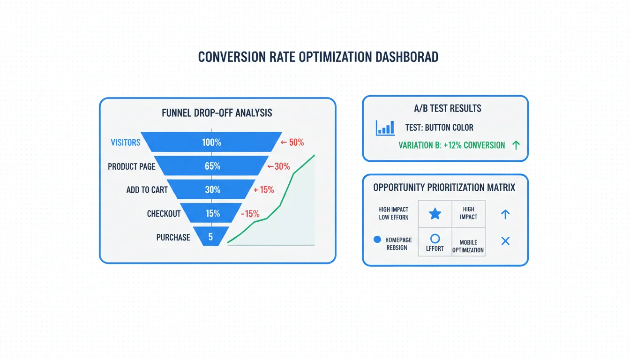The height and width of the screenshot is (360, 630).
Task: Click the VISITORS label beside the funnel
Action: [x=126, y=142]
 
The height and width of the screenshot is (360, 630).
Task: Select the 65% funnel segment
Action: [x=211, y=166]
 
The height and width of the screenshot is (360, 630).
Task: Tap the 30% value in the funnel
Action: [x=213, y=190]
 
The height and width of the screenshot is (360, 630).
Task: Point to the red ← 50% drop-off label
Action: [x=292, y=142]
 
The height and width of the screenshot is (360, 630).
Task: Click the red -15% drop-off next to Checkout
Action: [x=250, y=214]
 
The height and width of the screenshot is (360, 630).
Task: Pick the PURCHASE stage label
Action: [x=173, y=237]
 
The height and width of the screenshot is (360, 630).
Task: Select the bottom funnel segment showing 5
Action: [x=211, y=236]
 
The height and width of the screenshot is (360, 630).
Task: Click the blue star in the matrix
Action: [x=435, y=214]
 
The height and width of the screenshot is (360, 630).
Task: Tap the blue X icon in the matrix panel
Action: [x=505, y=241]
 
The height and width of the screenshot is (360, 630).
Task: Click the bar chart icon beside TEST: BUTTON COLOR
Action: [x=385, y=128]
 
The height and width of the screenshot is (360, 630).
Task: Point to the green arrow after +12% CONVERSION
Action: [x=516, y=145]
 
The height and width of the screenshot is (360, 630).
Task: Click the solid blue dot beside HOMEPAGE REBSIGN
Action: [x=377, y=240]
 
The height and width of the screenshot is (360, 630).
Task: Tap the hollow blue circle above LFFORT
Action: [x=435, y=239]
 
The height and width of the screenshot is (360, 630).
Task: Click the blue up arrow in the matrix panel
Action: [x=505, y=214]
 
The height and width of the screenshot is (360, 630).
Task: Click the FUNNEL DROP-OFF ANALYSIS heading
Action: [x=217, y=113]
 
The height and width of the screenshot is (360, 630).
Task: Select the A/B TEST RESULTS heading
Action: [x=448, y=108]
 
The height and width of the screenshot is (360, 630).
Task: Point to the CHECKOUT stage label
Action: [x=164, y=214]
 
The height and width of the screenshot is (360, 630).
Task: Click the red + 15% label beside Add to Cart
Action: [x=263, y=190]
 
